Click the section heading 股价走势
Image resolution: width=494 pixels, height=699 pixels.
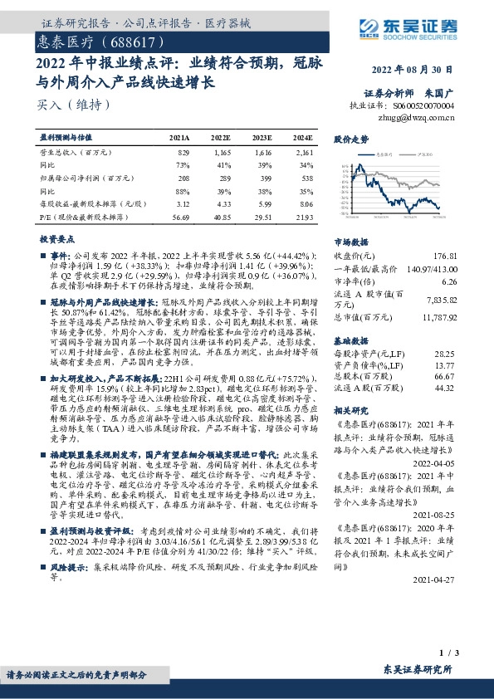(x=351, y=139)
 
